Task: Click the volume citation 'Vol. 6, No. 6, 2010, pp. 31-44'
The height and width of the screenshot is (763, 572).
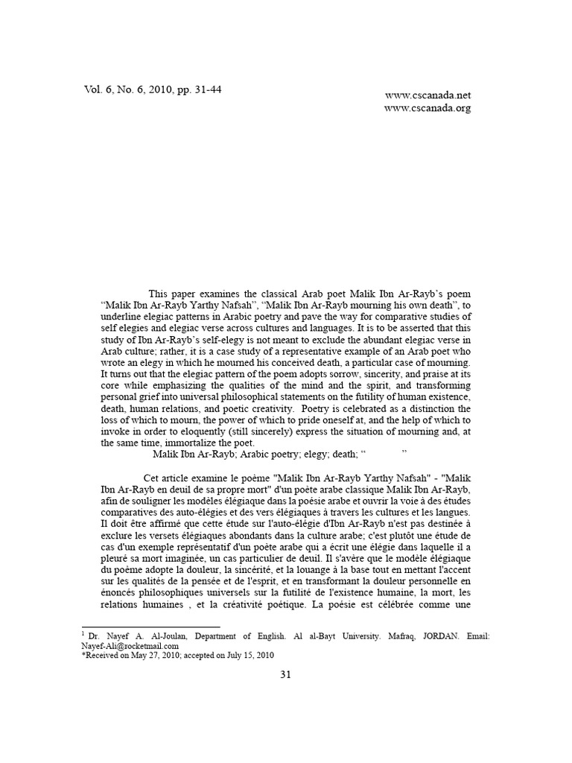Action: (x=153, y=90)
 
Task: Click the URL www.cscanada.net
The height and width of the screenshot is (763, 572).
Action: (x=428, y=95)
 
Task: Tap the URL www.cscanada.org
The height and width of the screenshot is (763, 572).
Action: (x=428, y=108)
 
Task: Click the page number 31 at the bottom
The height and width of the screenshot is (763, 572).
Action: (x=285, y=674)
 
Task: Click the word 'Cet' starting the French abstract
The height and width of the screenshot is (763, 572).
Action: (x=152, y=478)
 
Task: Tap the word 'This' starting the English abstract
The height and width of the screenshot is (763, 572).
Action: (x=159, y=294)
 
